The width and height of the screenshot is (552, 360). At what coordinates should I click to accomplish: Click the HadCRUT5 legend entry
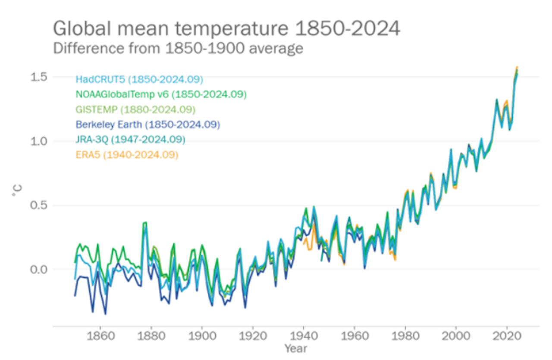click(139, 79)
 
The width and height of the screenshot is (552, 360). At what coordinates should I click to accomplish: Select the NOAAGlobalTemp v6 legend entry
click(161, 94)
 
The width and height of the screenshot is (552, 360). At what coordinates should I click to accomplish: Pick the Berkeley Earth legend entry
click(148, 125)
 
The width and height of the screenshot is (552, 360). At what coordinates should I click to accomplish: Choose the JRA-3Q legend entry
click(130, 140)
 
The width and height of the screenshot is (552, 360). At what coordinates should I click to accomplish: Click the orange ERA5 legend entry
click(127, 155)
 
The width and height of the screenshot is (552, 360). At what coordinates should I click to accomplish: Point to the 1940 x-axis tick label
click(303, 335)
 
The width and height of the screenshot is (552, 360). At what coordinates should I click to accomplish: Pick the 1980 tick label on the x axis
click(405, 335)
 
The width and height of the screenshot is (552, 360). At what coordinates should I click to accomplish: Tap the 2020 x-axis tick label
click(507, 335)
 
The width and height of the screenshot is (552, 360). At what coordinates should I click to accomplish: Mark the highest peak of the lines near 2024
click(517, 68)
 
